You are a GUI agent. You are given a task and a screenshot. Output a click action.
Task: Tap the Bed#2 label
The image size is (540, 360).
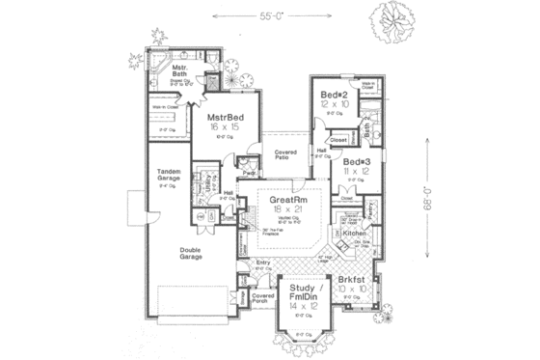[335, 94]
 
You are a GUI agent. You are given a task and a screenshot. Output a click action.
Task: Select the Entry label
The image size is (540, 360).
[262, 263]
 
